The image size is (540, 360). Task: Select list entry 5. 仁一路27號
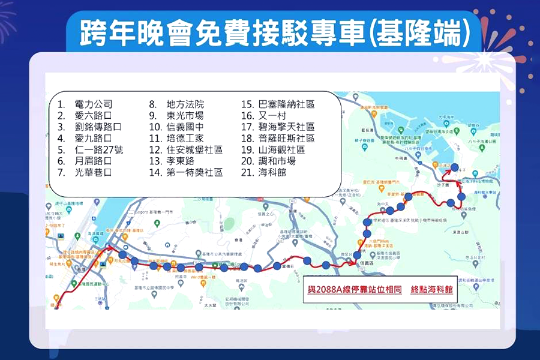click(91, 149)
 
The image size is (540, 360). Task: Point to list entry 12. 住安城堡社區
click(186, 149)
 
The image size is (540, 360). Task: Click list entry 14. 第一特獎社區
click(186, 172)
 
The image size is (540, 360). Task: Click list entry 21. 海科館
click(264, 172)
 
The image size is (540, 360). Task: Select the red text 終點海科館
click(429, 288)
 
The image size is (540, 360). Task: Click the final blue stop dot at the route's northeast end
click(454, 167)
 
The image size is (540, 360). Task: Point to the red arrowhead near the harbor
click(113, 247)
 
